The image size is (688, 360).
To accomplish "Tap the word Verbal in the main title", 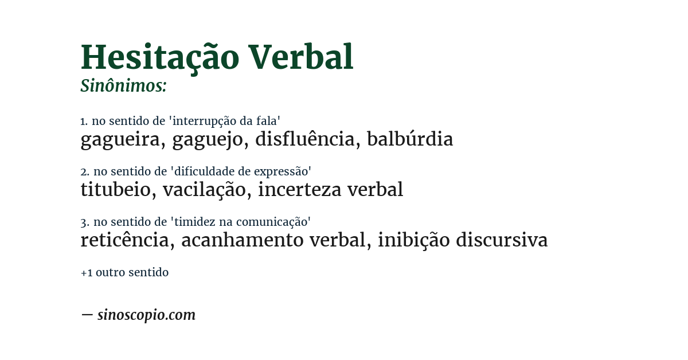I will tap(301, 58).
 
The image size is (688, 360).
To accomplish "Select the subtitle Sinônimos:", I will tap(123, 86).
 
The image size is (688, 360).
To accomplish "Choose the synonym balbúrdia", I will tap(410, 139).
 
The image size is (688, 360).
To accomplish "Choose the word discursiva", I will tap(502, 240).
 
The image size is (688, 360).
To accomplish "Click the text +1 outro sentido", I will tap(124, 272).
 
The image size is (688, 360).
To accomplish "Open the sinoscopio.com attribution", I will tap(146, 315).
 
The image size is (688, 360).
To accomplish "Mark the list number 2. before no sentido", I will tap(85, 171).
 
